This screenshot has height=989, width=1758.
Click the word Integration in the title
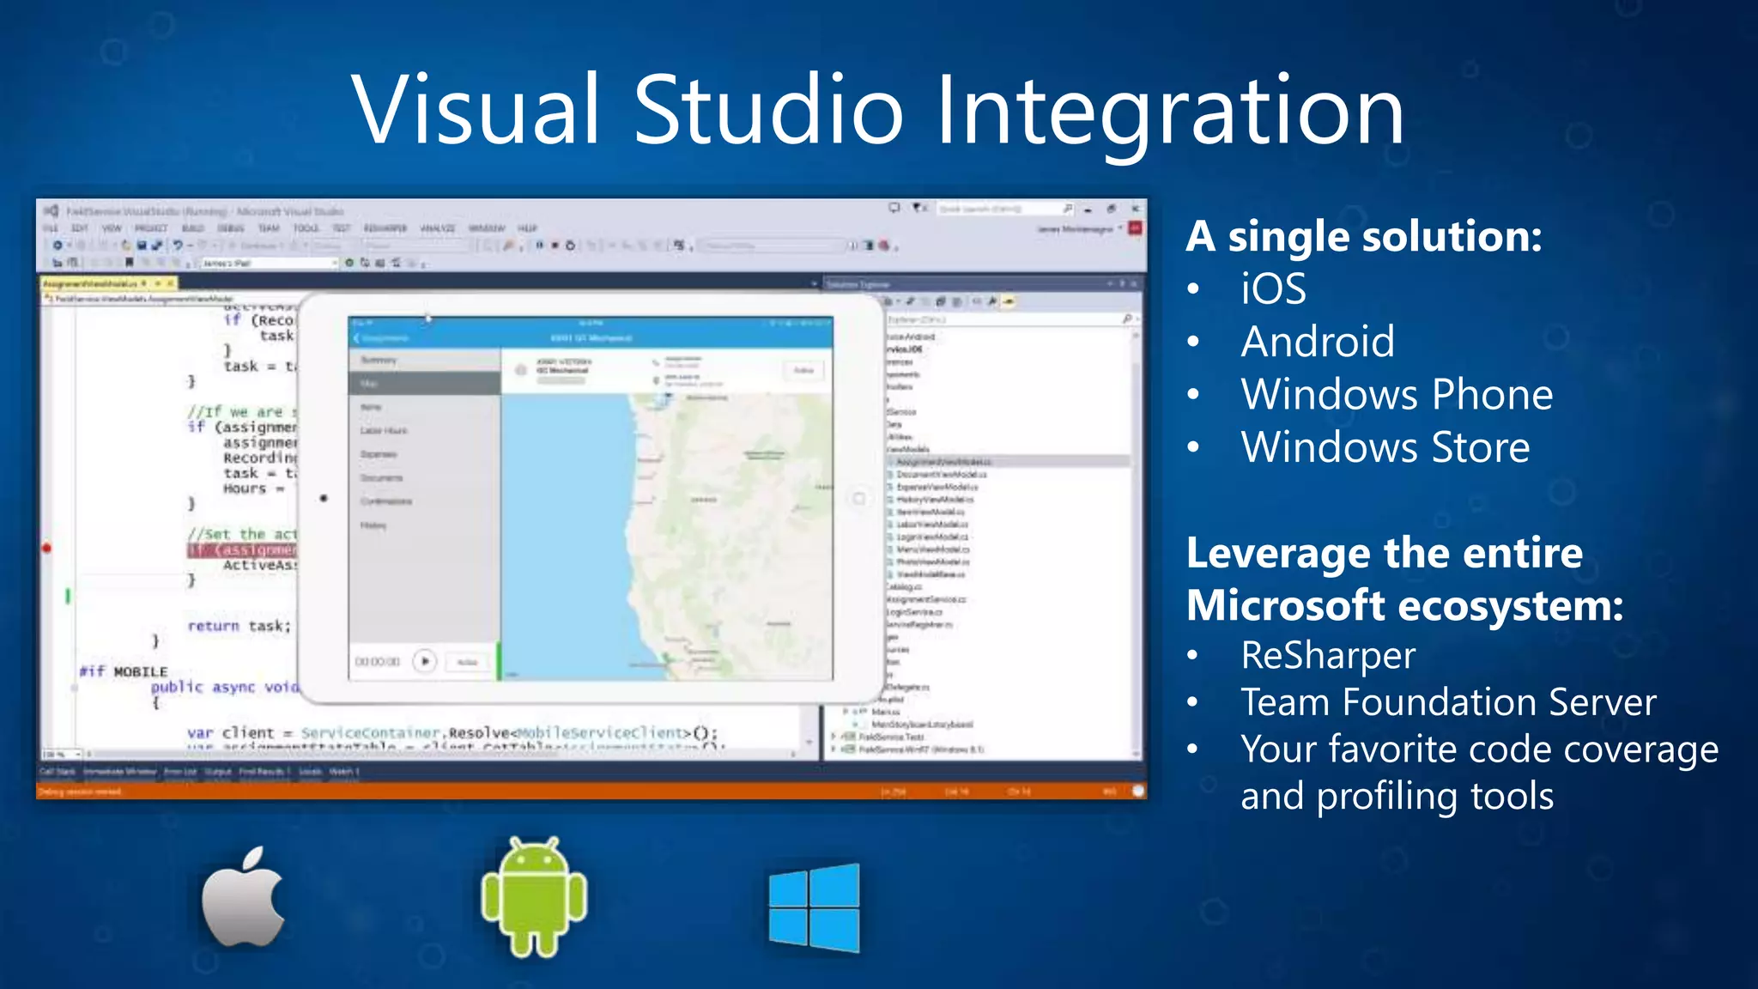[1169, 112]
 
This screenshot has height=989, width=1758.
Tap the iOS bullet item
[1273, 288]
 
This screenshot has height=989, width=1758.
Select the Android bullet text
[1318, 342]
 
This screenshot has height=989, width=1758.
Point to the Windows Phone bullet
[1397, 395]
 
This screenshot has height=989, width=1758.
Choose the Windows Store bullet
[1385, 447]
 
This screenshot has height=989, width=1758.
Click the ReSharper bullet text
[1328, 656]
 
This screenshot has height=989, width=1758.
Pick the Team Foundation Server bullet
[1448, 702]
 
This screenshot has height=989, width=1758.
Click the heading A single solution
[1363, 236]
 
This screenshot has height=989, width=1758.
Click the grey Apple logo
[243, 897]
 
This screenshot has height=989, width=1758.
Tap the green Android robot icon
[534, 897]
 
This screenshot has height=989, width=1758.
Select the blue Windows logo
[814, 907]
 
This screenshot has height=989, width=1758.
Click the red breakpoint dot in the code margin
[47, 548]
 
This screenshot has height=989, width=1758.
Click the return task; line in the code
[239, 626]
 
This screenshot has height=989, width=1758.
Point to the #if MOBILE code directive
[124, 671]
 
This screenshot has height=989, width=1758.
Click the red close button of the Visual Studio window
[1135, 209]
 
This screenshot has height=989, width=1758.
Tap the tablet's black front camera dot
[324, 498]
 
